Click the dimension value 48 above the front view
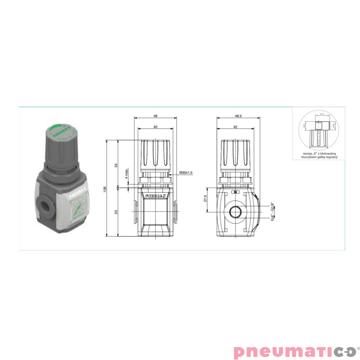155,116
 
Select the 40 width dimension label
155,127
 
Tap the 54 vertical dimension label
116,165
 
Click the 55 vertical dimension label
116,211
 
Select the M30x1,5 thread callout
185,172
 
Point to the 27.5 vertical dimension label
206,199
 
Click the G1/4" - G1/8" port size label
273,211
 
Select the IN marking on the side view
234,192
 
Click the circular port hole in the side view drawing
234,211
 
